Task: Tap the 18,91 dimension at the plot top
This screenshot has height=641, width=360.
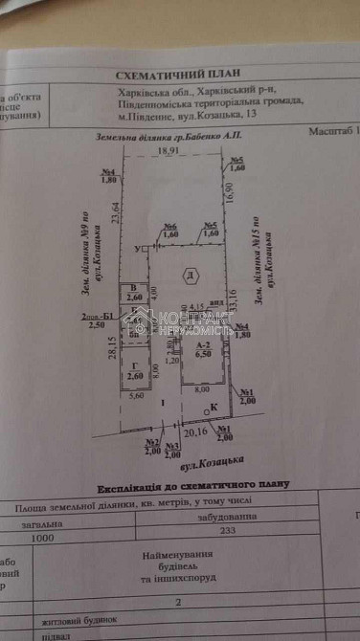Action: pos(169,151)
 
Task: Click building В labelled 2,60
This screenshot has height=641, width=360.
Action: pos(134,293)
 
